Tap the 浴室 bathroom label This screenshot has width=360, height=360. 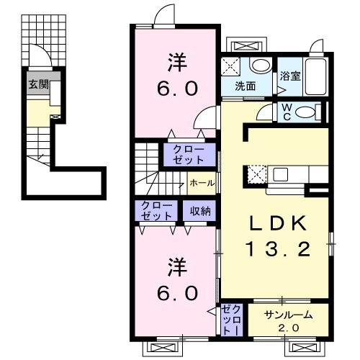tap(290, 76)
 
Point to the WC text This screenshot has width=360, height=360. tap(286, 112)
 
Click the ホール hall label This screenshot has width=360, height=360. tap(201, 183)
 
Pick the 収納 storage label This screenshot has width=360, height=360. tap(201, 211)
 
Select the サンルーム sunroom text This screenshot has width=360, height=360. tap(287, 315)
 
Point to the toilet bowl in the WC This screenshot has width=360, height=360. tap(308, 112)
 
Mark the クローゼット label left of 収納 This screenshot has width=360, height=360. tap(157, 211)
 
